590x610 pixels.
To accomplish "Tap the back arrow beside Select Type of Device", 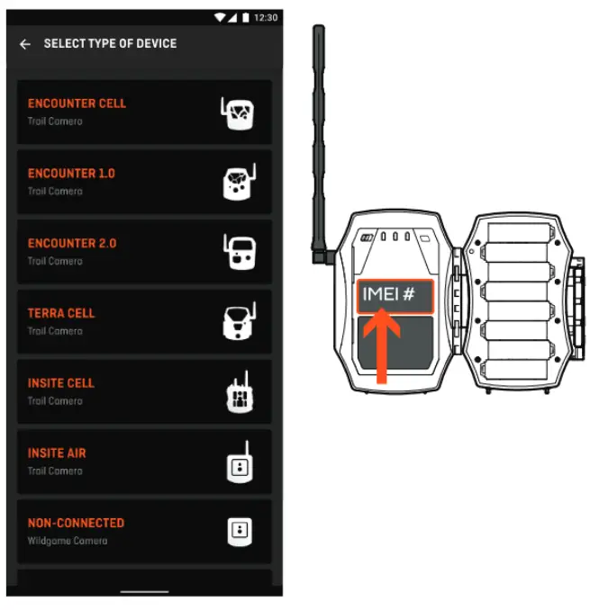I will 25,44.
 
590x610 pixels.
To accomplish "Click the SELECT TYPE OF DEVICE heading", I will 110,44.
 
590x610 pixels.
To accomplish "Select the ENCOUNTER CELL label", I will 77,103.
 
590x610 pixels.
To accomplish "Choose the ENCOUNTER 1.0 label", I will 71,174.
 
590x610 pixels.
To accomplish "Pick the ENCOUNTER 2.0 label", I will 72,244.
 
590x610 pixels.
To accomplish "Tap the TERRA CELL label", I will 61,313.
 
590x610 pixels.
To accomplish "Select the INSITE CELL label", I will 61,383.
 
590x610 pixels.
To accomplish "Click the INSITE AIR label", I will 57,453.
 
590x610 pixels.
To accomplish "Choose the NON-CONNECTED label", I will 76,523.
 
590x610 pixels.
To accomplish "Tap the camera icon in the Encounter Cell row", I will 237,113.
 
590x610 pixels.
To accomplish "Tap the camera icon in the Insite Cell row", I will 237,392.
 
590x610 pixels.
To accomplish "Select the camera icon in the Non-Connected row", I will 238,531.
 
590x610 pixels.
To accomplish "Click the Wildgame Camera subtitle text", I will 68,541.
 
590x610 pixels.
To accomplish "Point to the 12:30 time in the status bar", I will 266,18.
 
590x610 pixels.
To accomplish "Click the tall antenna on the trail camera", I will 318,135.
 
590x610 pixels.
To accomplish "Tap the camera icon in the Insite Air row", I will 238,462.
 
